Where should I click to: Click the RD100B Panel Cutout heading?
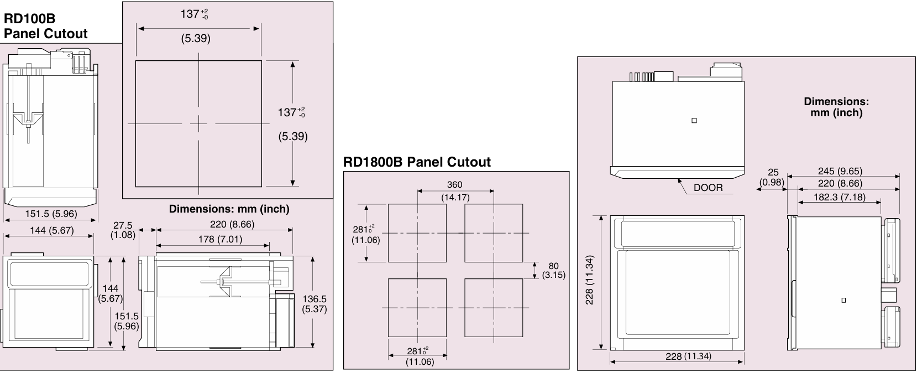tap(45, 26)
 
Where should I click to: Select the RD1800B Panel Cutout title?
tap(417, 162)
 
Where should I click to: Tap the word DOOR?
tap(708, 188)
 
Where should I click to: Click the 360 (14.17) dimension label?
tap(455, 191)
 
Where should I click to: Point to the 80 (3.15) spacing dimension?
tap(554, 271)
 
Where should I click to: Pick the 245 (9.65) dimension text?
tap(840, 171)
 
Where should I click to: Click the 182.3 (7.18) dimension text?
tap(839, 197)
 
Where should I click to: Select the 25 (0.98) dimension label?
tap(772, 177)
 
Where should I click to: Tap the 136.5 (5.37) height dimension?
tap(315, 304)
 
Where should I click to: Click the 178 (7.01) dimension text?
tap(220, 239)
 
